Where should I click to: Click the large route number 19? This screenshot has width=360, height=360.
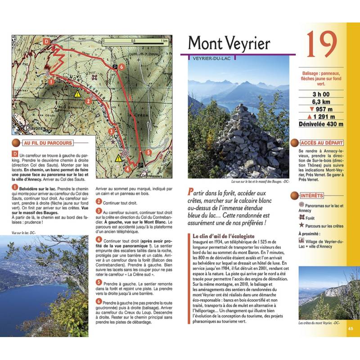point(322,44)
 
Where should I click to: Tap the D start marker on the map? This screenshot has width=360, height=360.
point(46,41)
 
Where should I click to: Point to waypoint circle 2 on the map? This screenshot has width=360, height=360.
point(89,101)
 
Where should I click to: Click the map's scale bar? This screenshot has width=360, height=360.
point(135,40)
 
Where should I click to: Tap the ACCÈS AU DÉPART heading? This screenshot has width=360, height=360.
point(321,142)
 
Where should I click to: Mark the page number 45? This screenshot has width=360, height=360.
point(351,328)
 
